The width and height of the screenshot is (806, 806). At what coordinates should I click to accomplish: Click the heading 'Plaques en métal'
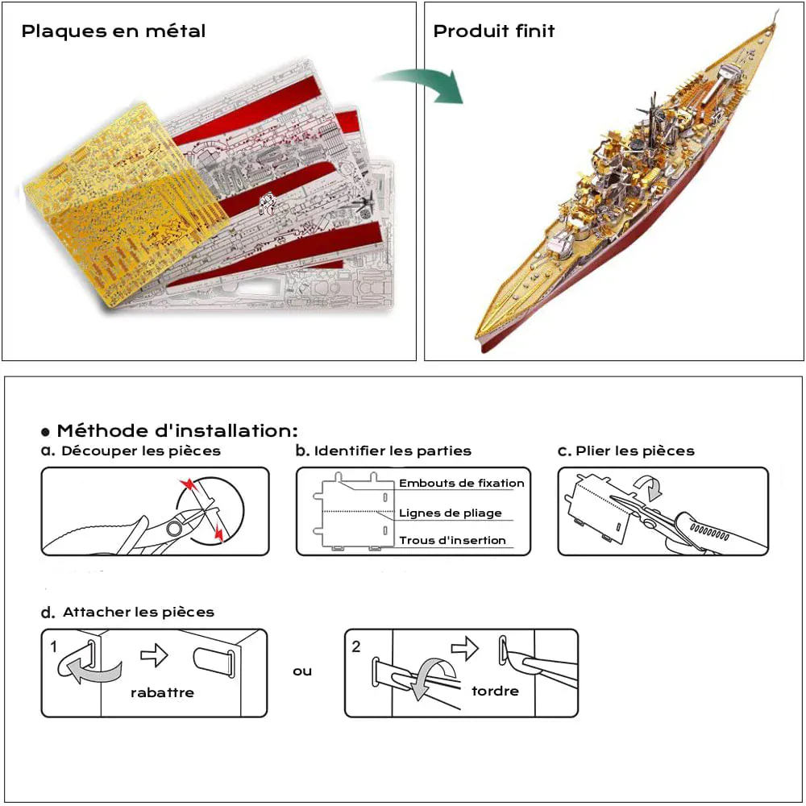[113, 31]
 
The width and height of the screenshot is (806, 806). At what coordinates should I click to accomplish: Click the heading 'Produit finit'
[494, 31]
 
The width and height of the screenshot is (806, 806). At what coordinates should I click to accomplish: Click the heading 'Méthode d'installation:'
[177, 430]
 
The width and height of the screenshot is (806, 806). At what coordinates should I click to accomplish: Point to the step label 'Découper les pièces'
[141, 451]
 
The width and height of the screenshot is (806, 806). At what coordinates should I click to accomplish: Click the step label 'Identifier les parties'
[393, 451]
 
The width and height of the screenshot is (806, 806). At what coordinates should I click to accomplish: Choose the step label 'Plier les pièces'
[635, 451]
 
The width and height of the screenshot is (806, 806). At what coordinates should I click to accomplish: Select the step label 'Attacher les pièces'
[139, 613]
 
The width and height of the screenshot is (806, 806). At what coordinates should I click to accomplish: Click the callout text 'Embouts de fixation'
[462, 483]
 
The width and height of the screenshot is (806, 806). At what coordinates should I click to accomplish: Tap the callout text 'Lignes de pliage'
[451, 513]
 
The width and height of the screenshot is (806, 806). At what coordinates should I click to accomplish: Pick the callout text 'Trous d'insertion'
[452, 540]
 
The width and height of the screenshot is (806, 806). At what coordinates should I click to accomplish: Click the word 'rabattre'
[163, 692]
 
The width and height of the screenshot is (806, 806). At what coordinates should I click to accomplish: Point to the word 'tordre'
[495, 691]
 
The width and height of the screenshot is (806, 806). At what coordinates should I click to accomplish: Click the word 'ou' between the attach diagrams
[302, 671]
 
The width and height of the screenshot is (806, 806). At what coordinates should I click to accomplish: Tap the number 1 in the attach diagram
[53, 646]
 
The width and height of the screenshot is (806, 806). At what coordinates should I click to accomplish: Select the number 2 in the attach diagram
[356, 646]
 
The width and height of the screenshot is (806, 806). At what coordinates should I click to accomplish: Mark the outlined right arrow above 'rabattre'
[154, 654]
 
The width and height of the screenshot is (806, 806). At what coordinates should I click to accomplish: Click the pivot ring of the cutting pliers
[174, 528]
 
